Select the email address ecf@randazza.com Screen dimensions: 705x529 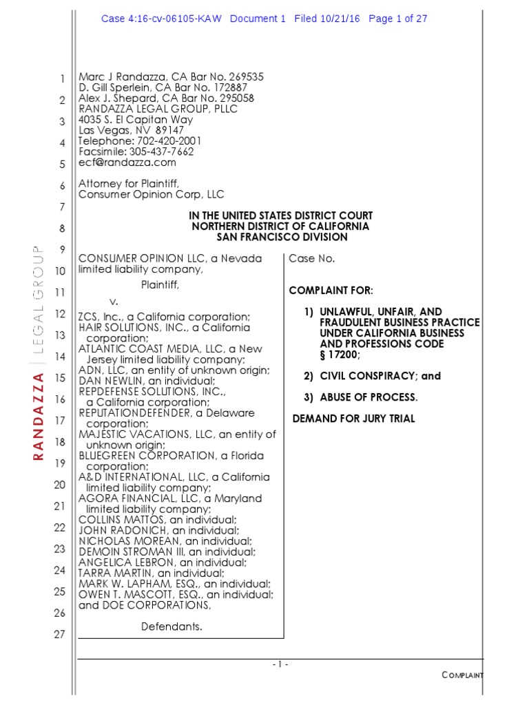(127, 162)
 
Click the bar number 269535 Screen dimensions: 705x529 (241, 77)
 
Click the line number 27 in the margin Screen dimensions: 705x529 (59, 634)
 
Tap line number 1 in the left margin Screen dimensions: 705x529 (62, 78)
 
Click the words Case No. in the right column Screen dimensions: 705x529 (312, 258)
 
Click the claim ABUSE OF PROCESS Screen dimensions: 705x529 (369, 397)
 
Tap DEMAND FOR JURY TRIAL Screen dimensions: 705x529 (354, 419)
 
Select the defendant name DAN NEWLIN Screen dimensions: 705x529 (107, 381)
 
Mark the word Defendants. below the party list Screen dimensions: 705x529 (172, 627)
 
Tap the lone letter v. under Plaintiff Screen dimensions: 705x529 (114, 302)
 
